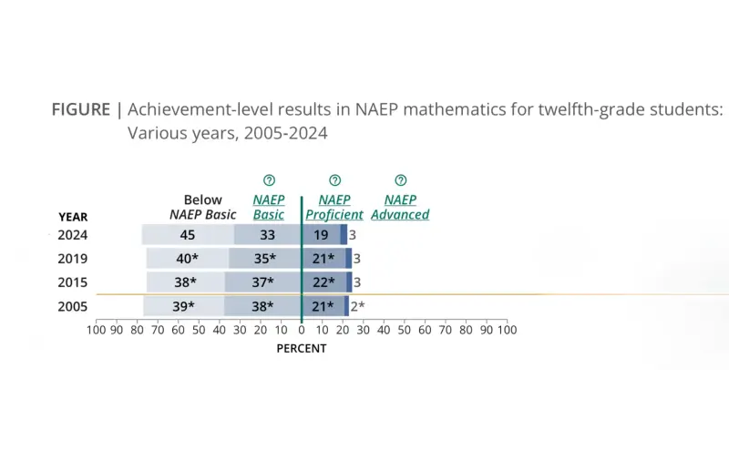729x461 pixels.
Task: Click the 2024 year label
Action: (x=73, y=235)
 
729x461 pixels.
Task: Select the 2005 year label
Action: (x=73, y=306)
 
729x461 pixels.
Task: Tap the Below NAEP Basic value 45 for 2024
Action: (x=188, y=235)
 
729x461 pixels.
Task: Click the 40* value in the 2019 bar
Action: (x=188, y=259)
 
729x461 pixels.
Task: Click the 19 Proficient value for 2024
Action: (x=321, y=235)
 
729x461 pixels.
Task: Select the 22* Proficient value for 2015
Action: (x=324, y=282)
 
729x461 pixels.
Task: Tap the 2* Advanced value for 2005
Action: (x=357, y=306)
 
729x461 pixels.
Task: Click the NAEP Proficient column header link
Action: (x=334, y=208)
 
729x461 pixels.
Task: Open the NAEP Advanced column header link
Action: (x=400, y=208)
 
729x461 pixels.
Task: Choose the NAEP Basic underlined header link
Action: (x=269, y=208)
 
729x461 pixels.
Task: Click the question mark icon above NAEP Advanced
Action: (x=400, y=180)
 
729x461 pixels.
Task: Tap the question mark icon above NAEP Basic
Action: (x=269, y=180)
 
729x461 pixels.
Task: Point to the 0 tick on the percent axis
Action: (x=302, y=330)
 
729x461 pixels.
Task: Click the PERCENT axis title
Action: (x=302, y=348)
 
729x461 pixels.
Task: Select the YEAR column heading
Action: (x=73, y=217)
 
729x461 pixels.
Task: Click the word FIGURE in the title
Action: (x=81, y=110)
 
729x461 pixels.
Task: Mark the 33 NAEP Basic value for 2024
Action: (x=268, y=235)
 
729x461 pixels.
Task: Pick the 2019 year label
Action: (x=73, y=259)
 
